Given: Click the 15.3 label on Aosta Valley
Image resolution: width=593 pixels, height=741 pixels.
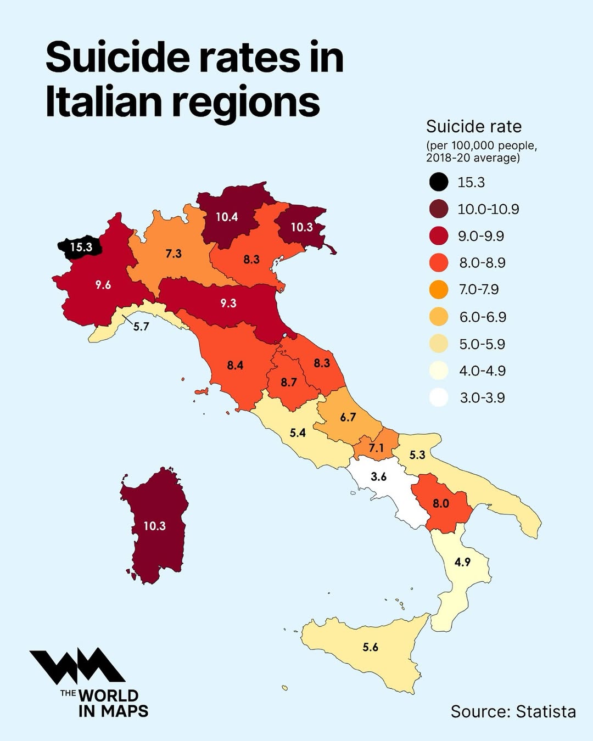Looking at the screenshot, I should click(x=81, y=247).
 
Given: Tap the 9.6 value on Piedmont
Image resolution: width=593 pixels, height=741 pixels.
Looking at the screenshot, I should click(x=103, y=284).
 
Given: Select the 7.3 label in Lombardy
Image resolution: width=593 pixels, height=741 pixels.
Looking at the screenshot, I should click(x=174, y=254).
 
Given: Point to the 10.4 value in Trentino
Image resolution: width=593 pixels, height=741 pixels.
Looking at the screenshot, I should click(x=227, y=217).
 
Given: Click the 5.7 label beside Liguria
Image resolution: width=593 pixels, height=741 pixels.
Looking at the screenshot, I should click(x=141, y=327).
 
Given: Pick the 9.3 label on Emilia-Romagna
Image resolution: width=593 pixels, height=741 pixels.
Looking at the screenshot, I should click(x=228, y=303).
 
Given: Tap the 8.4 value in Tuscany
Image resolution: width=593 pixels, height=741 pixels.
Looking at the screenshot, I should click(x=235, y=365).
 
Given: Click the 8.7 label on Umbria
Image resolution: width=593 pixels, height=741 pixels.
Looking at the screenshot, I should click(x=289, y=382).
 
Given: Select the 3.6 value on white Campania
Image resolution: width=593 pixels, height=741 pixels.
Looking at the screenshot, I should click(x=379, y=476).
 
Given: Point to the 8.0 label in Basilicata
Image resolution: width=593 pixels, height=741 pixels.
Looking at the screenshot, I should click(x=441, y=503).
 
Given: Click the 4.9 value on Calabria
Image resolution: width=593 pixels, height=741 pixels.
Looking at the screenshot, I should click(x=463, y=562).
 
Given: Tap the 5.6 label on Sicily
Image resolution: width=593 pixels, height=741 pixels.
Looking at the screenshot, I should click(x=371, y=647).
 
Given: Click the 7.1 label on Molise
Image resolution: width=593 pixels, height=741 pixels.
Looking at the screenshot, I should click(x=376, y=448).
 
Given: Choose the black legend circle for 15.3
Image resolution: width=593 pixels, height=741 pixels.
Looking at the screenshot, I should click(x=439, y=182).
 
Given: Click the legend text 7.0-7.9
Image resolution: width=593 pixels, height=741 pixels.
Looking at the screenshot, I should click(x=479, y=289).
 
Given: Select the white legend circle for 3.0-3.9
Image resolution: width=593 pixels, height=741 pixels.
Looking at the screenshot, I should click(x=439, y=397).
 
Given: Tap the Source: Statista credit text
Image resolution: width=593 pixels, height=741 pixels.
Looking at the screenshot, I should click(x=513, y=711).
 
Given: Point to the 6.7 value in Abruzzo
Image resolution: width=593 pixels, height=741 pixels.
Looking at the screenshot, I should click(x=348, y=417).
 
